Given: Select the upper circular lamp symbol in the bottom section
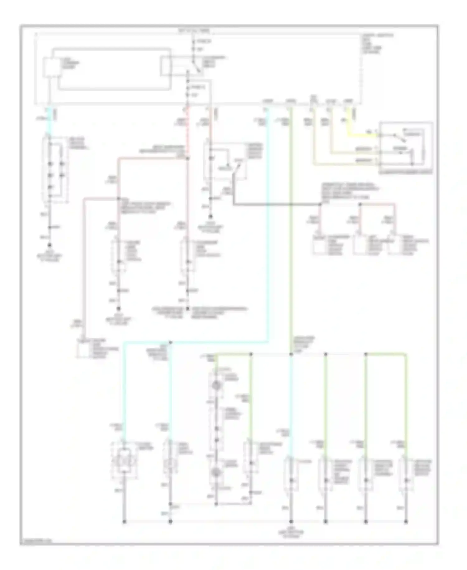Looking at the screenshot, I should click(x=215, y=386).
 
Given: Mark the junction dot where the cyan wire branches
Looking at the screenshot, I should click(x=170, y=343).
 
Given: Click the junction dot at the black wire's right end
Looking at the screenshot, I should click(x=320, y=205).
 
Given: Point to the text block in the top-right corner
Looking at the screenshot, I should click(x=377, y=44).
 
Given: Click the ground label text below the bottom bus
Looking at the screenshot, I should click(x=291, y=534).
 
